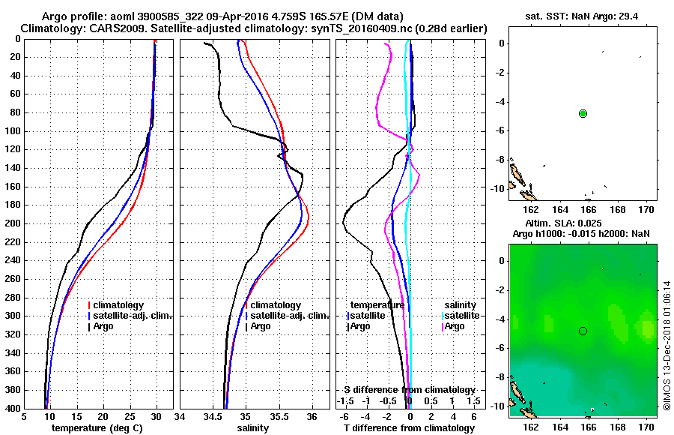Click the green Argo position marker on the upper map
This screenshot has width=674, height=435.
click(583, 113)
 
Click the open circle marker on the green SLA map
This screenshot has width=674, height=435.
click(583, 331)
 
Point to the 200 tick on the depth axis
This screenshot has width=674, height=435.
click(14, 223)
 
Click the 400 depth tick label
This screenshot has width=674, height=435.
click(14, 408)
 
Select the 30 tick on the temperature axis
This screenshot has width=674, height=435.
click(157, 417)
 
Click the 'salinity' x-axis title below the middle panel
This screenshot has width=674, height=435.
click(255, 428)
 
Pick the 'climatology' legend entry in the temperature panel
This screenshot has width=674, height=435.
click(119, 305)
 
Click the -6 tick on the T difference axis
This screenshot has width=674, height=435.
click(344, 417)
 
